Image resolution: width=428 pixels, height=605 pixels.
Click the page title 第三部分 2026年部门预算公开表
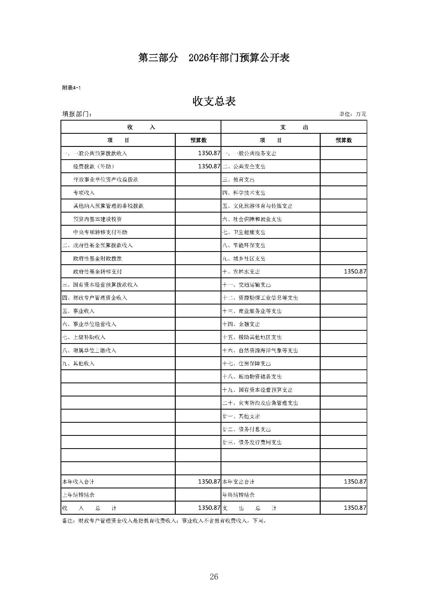(x=214, y=58)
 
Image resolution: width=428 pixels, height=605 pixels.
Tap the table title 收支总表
(x=214, y=101)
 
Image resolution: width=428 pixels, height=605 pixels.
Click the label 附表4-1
(x=72, y=88)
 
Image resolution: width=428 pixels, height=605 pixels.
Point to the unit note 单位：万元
(x=352, y=114)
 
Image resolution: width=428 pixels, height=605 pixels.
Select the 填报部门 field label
(x=77, y=114)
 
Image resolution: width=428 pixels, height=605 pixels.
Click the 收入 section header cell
(x=141, y=127)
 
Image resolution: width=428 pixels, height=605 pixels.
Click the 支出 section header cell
(x=294, y=127)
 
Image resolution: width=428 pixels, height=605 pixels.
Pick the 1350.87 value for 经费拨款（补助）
(x=209, y=166)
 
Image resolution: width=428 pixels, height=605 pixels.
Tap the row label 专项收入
(x=84, y=193)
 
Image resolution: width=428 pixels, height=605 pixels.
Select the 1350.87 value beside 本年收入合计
(x=209, y=482)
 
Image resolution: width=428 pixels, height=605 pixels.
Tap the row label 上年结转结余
(x=78, y=495)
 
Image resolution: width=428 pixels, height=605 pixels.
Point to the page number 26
(x=214, y=577)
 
